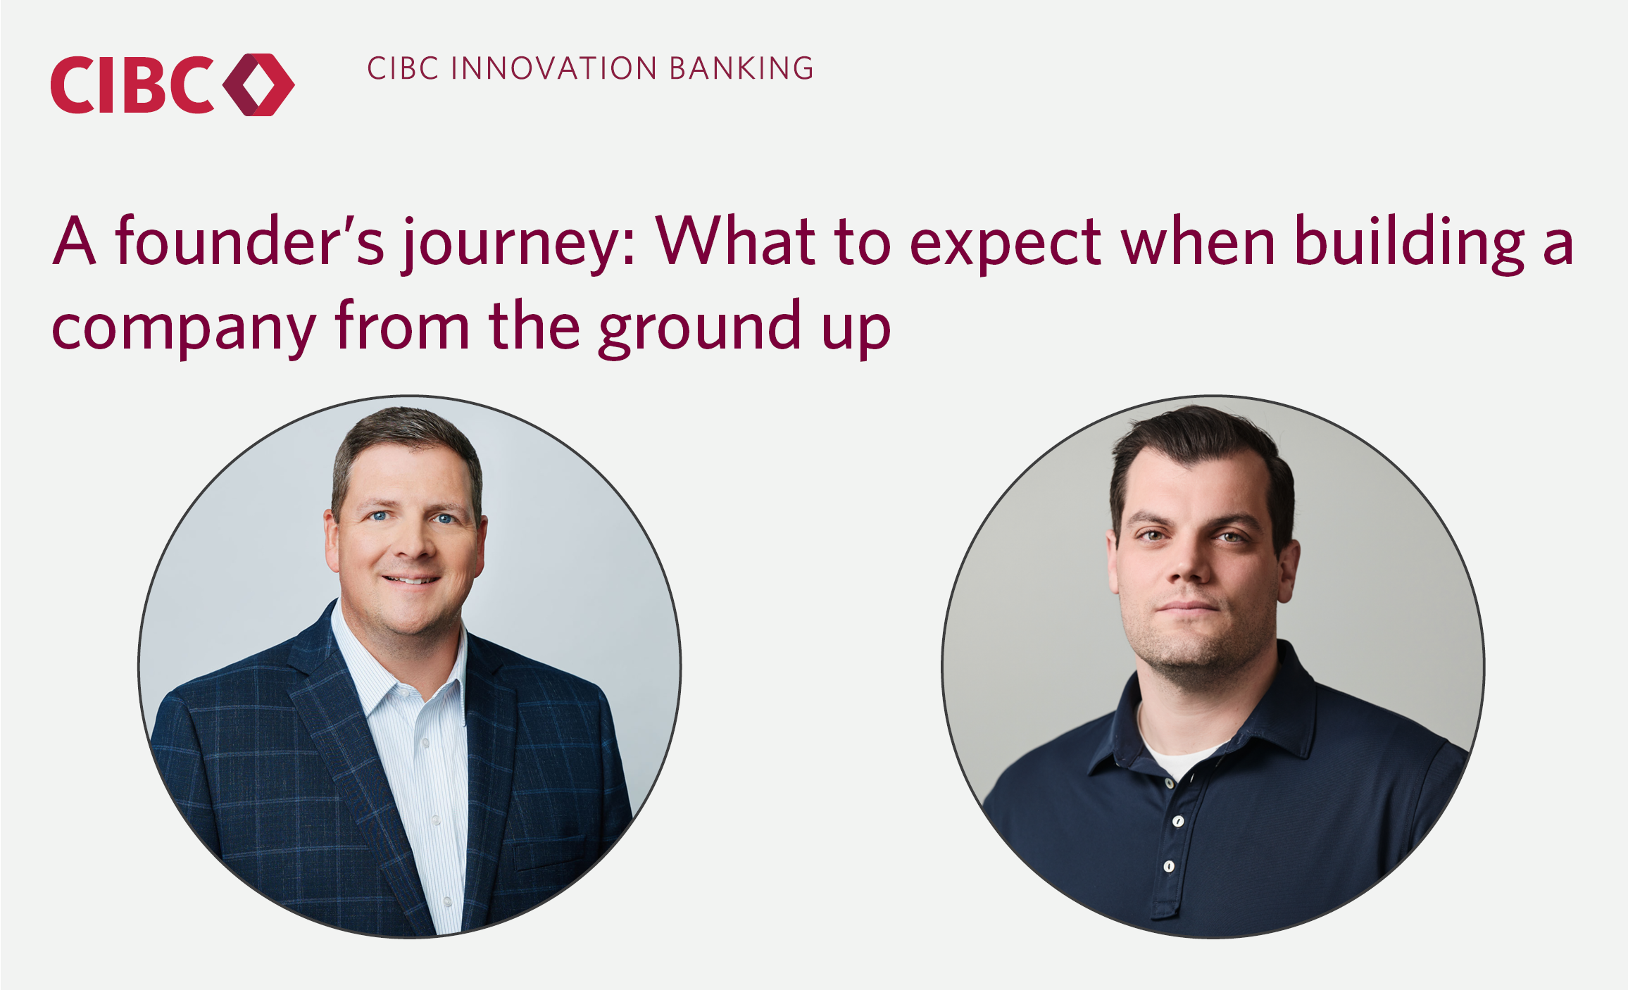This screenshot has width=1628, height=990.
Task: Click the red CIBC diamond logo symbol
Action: [258, 84]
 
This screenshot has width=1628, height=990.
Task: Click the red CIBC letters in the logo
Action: [132, 84]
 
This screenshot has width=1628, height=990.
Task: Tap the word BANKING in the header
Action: [741, 68]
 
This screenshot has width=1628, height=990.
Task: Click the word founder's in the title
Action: [250, 241]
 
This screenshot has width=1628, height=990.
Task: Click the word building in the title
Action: [1409, 243]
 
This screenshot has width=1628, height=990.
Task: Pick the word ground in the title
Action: [700, 327]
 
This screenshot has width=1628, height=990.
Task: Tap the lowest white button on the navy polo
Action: [1169, 866]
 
